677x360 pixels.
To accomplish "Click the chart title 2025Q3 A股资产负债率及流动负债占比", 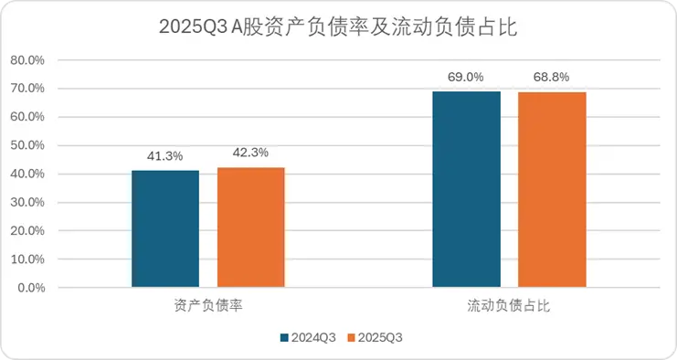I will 338,26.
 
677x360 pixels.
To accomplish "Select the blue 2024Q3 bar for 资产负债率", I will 165,228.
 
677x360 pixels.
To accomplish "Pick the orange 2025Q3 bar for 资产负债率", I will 250,228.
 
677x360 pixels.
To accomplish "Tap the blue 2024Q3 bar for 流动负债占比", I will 466,189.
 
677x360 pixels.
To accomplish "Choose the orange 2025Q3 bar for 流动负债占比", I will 552,189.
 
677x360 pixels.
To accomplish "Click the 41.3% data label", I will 165,157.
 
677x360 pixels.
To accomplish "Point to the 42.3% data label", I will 250,154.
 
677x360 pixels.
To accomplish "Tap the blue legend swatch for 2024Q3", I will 284,337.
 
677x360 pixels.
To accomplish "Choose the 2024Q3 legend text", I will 313,337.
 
